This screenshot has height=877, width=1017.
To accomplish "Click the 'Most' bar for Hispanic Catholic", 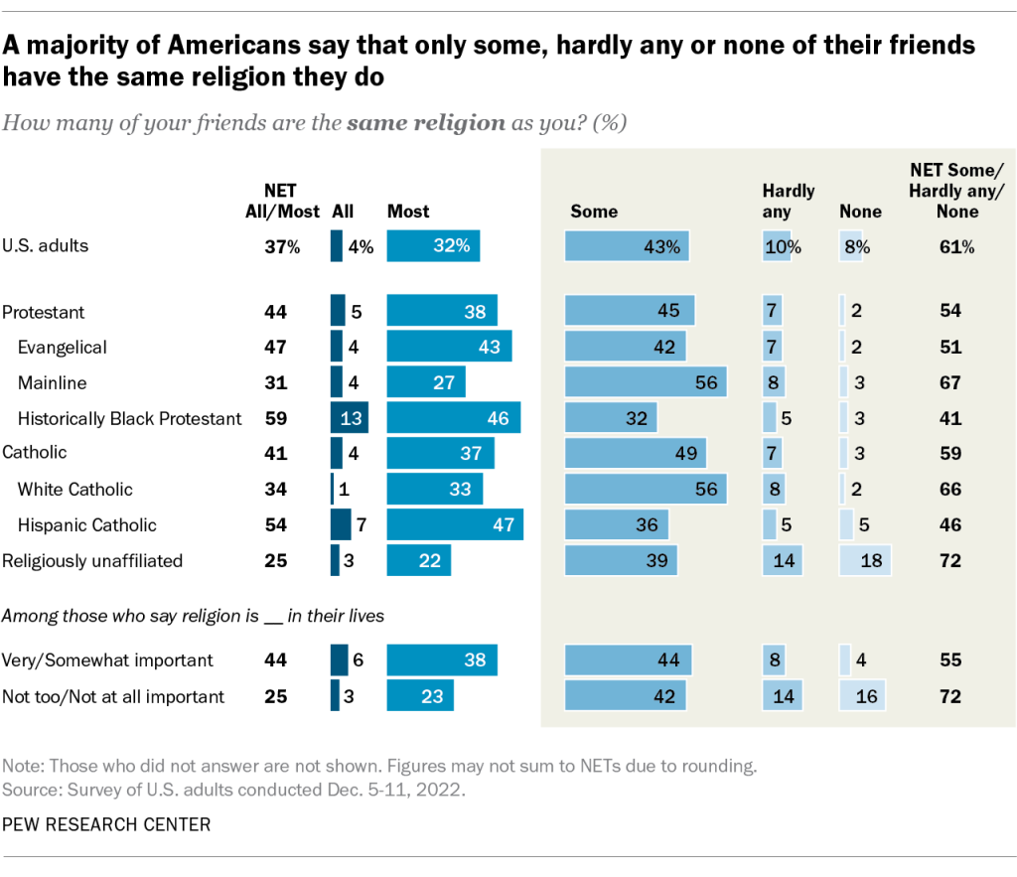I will coord(455,524).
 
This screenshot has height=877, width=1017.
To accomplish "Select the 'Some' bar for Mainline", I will coord(646,382).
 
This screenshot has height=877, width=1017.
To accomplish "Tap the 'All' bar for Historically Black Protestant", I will coord(350,418).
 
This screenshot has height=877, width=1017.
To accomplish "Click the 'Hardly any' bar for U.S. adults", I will coord(777,246).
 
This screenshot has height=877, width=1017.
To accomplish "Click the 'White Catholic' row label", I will coord(75,489).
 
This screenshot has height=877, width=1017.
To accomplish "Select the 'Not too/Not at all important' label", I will coord(113,696).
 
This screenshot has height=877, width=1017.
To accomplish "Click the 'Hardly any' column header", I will coord(788,200).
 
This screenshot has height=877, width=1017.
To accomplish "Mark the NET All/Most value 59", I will coord(276,418).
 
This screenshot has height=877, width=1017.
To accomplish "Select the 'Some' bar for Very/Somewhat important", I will coord(629,659).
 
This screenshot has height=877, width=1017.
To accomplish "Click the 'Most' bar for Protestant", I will coord(442,312).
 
